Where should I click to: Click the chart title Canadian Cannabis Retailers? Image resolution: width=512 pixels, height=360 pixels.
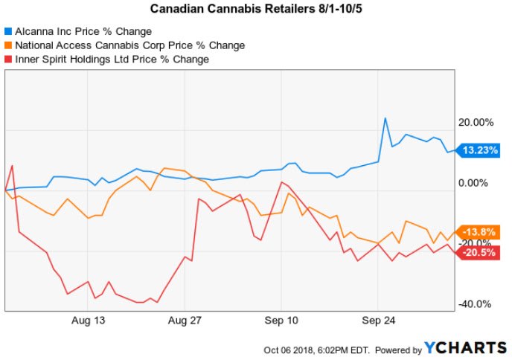(x=256, y=10)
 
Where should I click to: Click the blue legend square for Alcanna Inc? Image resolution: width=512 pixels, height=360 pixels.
(x=8, y=32)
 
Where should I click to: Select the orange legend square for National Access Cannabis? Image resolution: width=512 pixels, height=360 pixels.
(x=8, y=45)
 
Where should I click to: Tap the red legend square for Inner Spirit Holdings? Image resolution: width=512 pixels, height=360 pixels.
(x=8, y=59)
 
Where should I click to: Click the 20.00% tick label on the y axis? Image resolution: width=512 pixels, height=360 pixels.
(x=478, y=122)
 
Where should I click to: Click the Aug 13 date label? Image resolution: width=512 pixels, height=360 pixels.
(x=89, y=321)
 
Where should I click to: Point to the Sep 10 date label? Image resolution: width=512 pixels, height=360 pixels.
(x=281, y=321)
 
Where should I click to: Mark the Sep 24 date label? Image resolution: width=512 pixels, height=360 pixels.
(x=377, y=321)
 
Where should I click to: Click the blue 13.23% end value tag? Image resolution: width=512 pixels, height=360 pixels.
(x=477, y=150)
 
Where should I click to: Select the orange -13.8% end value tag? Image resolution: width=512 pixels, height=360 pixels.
(x=477, y=231)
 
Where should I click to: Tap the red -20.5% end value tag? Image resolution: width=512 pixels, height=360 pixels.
(x=477, y=252)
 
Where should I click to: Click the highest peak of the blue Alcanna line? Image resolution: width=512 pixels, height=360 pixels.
(x=385, y=118)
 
